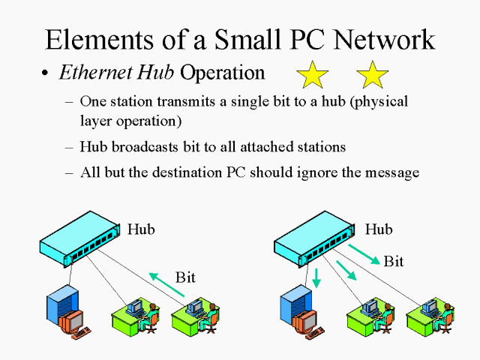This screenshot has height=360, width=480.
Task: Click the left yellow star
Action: pos(313,75)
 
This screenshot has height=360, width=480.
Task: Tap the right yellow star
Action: pos(373,75)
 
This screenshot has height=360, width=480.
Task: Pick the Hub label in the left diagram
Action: pos(142,229)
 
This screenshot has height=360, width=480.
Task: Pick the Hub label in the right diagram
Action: pos(378,229)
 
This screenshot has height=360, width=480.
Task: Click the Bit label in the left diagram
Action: pos(185,277)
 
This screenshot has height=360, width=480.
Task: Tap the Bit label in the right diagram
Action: pos(394,261)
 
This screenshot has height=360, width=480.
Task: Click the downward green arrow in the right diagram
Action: pos(316,277)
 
